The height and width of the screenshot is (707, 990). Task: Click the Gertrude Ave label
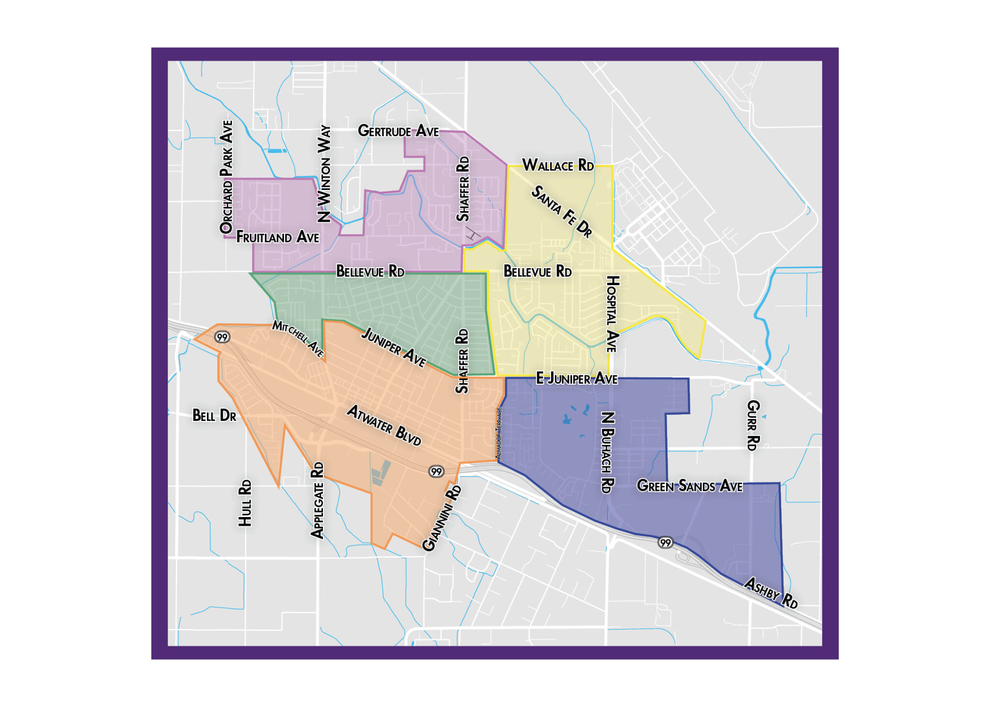click(398, 131)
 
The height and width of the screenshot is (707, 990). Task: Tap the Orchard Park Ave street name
click(226, 177)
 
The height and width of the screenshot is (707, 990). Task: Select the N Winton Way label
click(324, 174)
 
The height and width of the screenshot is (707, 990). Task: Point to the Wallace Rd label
click(558, 165)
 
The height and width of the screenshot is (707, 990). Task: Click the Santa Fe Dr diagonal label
click(562, 212)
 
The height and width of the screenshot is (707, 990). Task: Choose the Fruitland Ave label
click(277, 237)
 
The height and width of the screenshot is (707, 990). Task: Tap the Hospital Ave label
click(612, 314)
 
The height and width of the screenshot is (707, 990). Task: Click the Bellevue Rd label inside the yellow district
click(538, 272)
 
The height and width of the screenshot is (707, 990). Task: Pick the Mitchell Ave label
click(298, 338)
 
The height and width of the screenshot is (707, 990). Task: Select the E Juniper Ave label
click(577, 378)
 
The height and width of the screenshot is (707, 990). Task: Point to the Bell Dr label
click(214, 416)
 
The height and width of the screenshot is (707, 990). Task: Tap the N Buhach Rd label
click(608, 452)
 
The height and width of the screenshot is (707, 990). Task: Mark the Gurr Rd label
click(753, 425)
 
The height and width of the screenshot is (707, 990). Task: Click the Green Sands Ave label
click(689, 486)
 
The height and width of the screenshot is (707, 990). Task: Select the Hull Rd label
click(245, 503)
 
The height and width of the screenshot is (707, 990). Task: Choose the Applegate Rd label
click(317, 500)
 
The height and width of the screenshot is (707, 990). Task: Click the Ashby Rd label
click(771, 592)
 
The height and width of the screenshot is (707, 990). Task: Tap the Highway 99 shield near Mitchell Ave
click(222, 337)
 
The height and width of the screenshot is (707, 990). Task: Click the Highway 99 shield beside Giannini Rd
click(436, 471)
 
